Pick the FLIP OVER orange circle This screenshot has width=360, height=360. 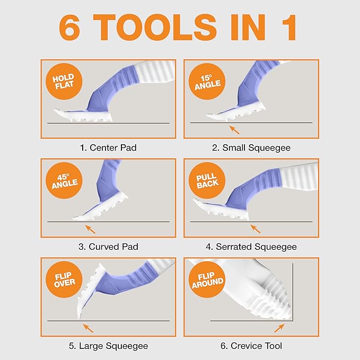click(x=64, y=280)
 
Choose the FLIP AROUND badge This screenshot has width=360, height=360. click(x=207, y=280)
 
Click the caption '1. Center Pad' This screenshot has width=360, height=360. click(x=108, y=147)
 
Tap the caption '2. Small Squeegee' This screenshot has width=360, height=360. click(x=251, y=147)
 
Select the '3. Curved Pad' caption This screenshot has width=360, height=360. click(x=108, y=247)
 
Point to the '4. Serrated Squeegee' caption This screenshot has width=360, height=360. click(x=251, y=247)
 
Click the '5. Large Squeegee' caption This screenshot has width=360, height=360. click(x=108, y=346)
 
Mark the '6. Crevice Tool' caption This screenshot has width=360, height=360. click(x=251, y=346)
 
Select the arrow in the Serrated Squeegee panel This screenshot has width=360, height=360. click(x=255, y=229)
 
